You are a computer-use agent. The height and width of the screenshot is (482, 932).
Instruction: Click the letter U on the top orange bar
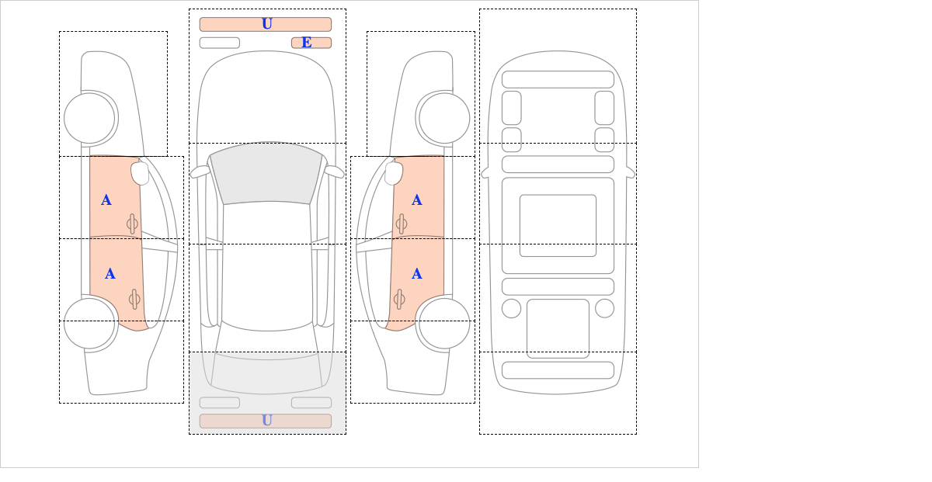click(267, 24)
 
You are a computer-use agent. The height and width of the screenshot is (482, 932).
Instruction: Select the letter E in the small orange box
click(307, 43)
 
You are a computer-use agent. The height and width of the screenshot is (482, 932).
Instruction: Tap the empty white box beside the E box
click(220, 43)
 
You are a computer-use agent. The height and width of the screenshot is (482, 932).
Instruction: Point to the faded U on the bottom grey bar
click(267, 421)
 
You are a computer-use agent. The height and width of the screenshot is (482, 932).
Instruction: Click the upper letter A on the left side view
click(106, 200)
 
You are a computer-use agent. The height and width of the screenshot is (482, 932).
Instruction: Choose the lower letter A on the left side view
click(110, 274)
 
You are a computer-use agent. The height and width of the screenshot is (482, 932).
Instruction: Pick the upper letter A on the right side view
click(417, 200)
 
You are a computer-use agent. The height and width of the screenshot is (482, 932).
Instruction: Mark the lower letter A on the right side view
click(417, 274)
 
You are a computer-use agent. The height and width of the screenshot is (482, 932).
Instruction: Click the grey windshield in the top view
click(266, 174)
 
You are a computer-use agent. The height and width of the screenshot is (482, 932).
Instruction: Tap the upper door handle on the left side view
click(132, 224)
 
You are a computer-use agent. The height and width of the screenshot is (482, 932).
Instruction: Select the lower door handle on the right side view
click(399, 300)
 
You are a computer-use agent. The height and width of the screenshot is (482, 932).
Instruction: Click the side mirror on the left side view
click(140, 173)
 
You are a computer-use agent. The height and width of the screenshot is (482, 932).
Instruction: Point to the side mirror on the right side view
click(394, 173)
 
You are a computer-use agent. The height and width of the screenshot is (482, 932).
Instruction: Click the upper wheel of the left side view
click(89, 119)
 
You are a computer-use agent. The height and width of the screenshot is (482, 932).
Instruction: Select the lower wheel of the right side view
click(444, 323)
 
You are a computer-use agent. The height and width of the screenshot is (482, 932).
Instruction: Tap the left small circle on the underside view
click(511, 309)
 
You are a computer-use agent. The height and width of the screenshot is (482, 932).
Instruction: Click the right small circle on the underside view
click(604, 309)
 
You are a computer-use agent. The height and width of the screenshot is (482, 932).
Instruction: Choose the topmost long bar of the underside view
click(558, 79)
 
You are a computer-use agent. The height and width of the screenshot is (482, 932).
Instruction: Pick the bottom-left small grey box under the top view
click(220, 403)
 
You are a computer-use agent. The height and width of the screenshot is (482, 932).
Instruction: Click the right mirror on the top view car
click(334, 172)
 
